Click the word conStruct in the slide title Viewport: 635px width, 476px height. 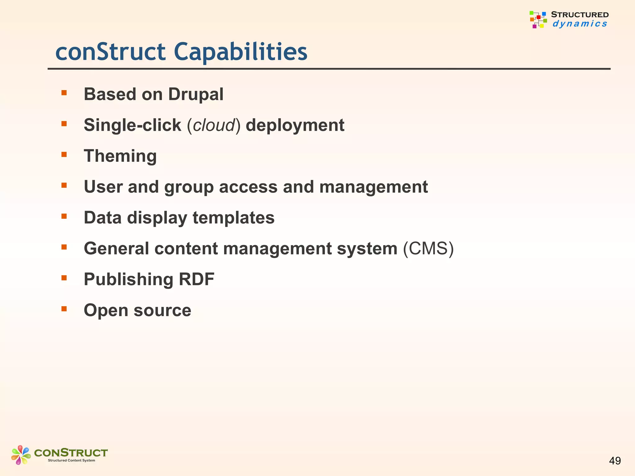point(110,52)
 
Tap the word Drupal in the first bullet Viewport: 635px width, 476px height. point(196,94)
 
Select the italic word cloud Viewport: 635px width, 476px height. point(214,125)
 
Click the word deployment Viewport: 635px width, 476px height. point(295,125)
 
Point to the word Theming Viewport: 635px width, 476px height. point(120,156)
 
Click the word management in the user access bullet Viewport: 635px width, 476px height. point(373,187)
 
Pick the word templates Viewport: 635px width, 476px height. point(233,218)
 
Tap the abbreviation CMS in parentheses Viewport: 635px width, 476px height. point(428,249)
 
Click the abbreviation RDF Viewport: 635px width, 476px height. point(197,279)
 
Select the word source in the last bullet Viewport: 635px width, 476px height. point(162,310)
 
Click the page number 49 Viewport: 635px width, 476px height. point(615,461)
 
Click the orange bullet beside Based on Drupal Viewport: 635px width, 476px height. point(64,93)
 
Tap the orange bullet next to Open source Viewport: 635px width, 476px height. point(64,309)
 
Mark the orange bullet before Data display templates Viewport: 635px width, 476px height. point(64,216)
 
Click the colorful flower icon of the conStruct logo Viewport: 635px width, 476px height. point(21,455)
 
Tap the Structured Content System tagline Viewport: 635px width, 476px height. point(71,461)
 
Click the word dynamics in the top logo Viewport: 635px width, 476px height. point(579,24)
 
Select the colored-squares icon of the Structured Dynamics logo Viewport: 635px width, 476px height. point(538,20)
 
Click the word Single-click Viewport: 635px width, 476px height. point(132,125)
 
